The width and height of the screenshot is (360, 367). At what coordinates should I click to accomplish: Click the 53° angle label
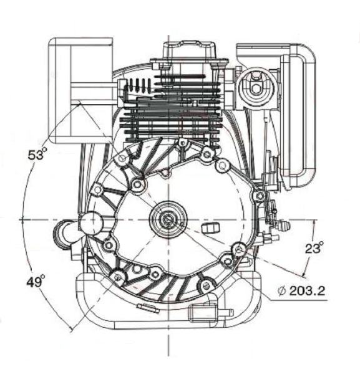tap(36, 155)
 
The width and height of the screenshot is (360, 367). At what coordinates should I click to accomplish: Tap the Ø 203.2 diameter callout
tap(301, 291)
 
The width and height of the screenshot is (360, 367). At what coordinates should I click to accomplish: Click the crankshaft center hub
tap(168, 219)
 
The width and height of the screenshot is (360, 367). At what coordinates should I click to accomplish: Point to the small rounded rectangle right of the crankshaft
tap(210, 227)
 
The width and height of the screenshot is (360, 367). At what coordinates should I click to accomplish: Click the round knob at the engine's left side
tap(91, 224)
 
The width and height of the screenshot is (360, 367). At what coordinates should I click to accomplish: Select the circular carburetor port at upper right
tap(255, 88)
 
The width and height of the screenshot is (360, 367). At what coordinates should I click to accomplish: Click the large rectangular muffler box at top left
tap(80, 90)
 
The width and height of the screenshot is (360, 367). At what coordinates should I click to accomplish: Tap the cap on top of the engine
tap(189, 50)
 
